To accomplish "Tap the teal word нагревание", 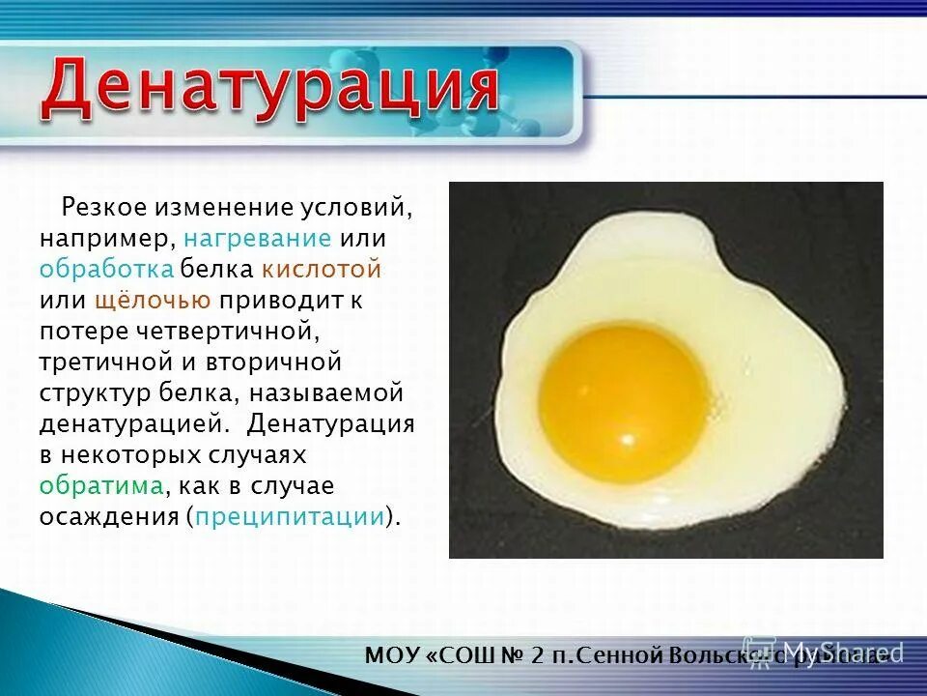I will [258, 238].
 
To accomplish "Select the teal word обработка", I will [107, 269].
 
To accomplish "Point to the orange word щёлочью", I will [153, 300].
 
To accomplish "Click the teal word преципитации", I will [290, 516].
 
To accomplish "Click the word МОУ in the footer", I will [391, 655].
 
